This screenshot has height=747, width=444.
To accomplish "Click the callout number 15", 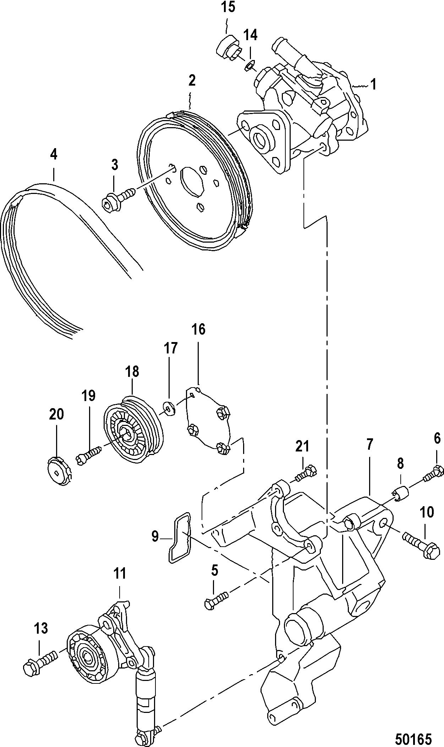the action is (229, 7).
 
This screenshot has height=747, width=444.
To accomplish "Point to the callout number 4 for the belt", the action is (54, 155).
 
